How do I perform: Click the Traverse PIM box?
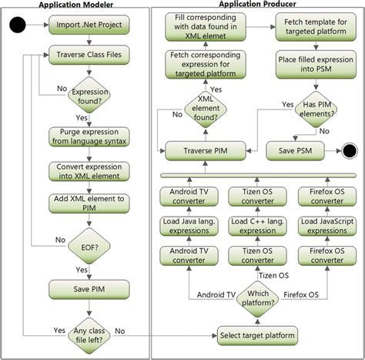pos(199,150)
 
